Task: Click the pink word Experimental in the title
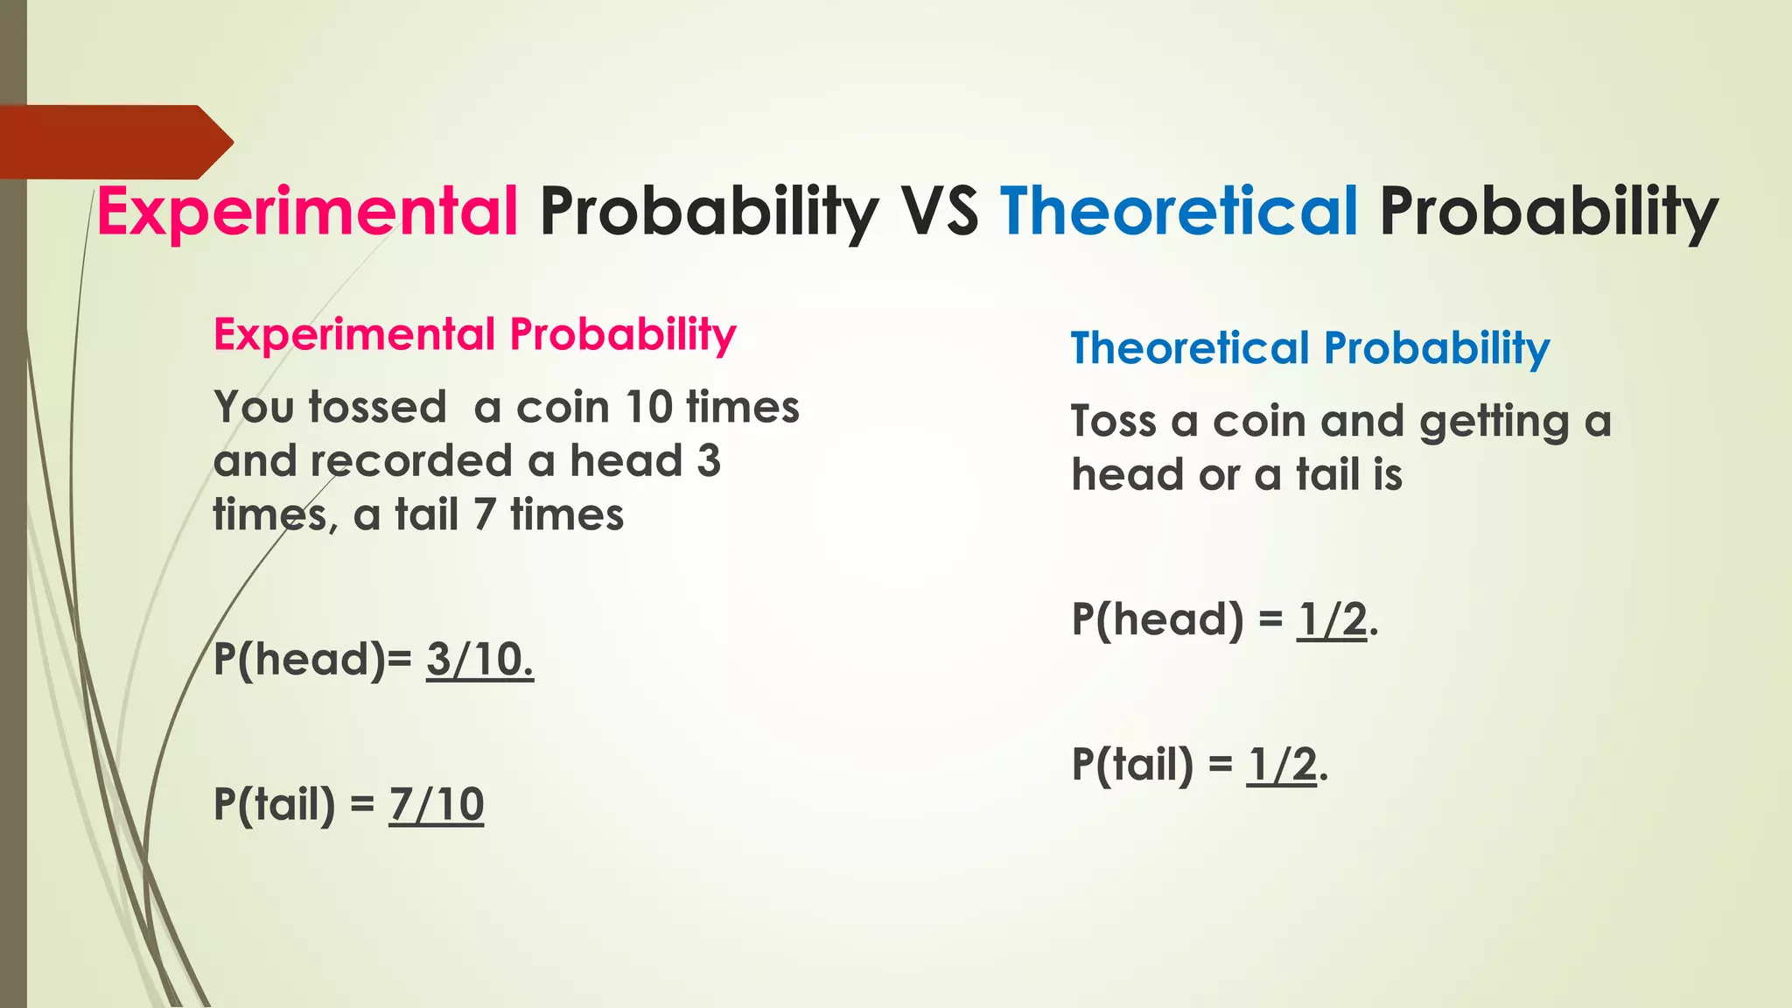[308, 213]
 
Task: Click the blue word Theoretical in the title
[1179, 213]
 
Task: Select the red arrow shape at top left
[114, 142]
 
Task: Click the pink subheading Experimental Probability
[475, 335]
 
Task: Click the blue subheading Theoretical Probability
[1310, 348]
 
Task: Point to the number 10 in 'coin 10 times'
[648, 408]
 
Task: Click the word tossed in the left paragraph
[377, 408]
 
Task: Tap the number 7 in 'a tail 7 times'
[485, 514]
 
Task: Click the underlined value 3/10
[479, 660]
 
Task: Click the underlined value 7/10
[436, 805]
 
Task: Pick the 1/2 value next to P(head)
[1331, 620]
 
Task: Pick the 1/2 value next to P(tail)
[1281, 766]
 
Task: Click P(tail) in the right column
[1132, 766]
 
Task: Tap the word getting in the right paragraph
[1494, 423]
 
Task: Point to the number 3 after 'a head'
[709, 461]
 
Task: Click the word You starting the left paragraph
[253, 408]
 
